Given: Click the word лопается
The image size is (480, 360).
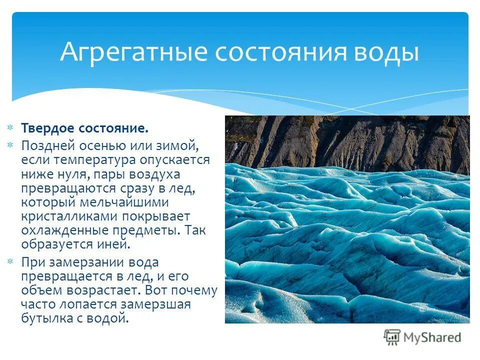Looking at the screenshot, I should (x=87, y=304).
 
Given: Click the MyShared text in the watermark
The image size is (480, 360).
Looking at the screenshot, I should (x=431, y=337).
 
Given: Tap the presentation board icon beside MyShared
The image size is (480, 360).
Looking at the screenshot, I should (x=392, y=337).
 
